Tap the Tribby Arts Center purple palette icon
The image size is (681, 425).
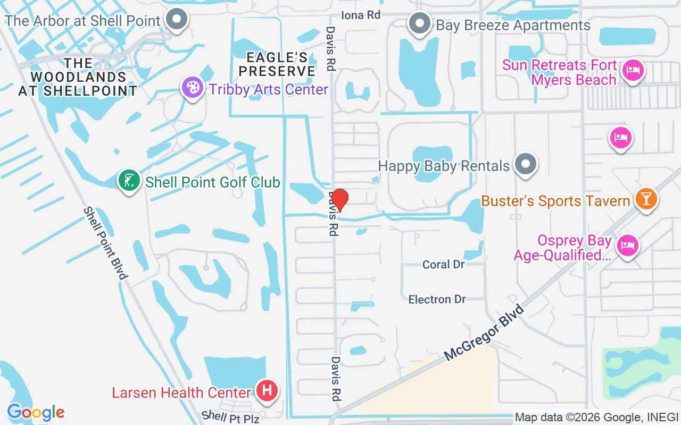pos(192,88)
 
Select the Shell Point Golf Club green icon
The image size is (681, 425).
pos(129,181)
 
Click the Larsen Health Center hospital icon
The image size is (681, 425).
pos(267,391)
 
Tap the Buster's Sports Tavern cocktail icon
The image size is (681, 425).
pos(646,200)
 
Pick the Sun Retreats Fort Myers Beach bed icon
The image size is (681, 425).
pos(633,71)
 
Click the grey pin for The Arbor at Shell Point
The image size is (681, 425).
pos(176,20)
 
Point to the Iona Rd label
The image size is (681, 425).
pos(361,15)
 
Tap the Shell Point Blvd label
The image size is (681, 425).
pos(106,243)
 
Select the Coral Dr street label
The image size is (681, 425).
pos(443,264)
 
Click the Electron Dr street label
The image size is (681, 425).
pos(437,300)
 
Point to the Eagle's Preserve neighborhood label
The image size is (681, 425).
pos(277,64)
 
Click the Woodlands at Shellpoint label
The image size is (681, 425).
pos(78,78)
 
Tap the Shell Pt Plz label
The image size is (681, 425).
pos(230,417)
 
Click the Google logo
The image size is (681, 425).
pos(36,412)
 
